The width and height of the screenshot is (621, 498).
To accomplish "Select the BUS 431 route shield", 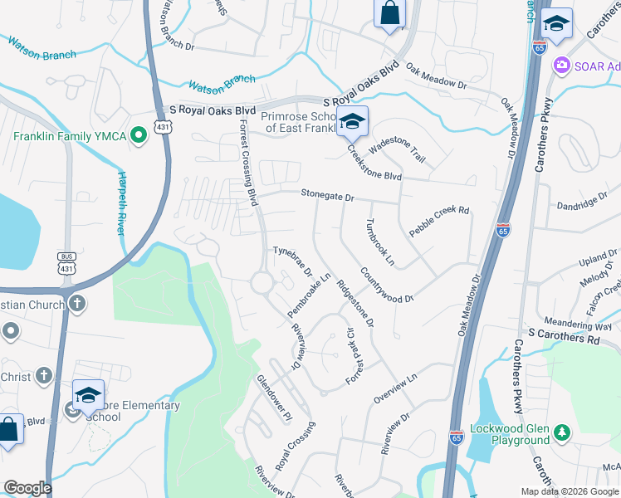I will point(67,263).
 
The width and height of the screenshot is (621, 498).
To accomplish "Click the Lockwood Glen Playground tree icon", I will point(562,432).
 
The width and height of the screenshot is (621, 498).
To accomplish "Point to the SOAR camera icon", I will point(562,65).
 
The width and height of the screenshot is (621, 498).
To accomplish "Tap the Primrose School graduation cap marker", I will point(352,124).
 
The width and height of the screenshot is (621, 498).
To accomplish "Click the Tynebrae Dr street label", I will point(291,261).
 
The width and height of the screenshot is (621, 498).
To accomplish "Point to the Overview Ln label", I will point(395,388).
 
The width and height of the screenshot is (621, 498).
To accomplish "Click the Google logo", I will point(27,488).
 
